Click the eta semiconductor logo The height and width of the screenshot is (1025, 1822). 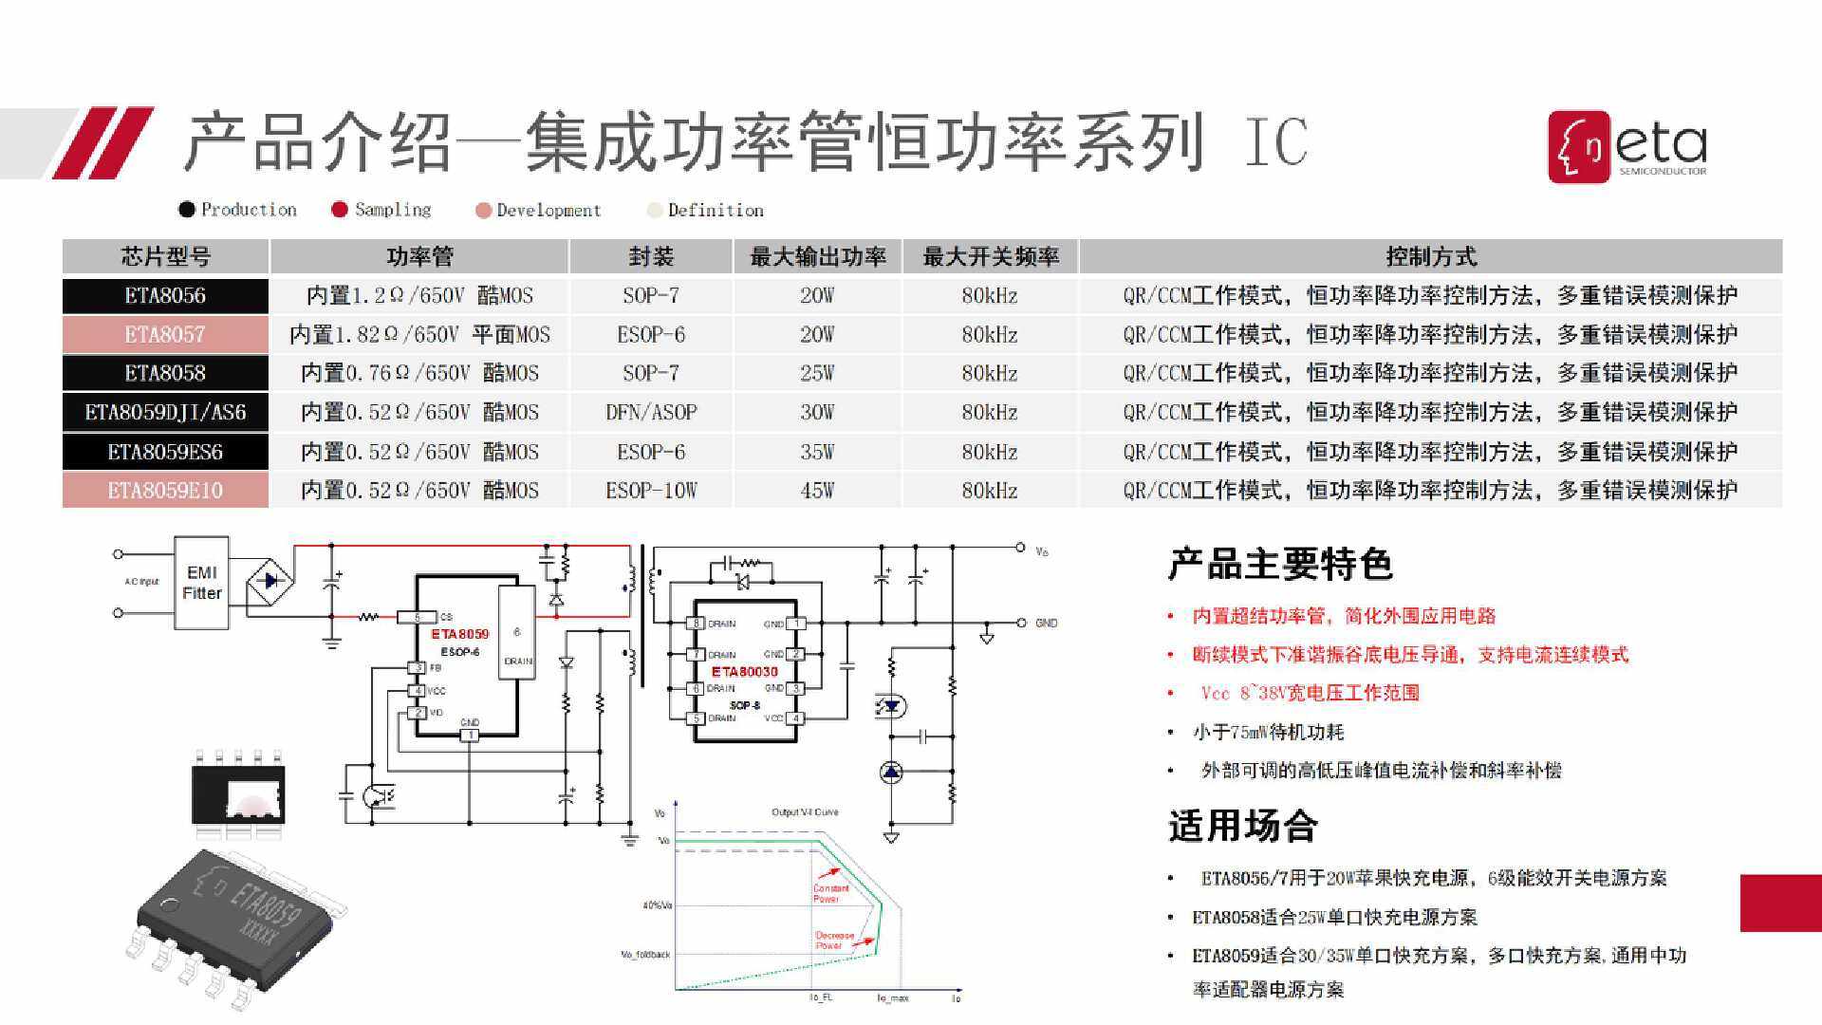(1627, 146)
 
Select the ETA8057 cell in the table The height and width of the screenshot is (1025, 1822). (165, 334)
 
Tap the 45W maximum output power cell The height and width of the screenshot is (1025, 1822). (816, 491)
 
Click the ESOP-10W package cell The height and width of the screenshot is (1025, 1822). (651, 491)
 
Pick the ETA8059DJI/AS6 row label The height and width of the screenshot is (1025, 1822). (165, 412)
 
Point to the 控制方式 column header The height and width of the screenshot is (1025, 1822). (1430, 256)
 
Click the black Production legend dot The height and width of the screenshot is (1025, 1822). (187, 210)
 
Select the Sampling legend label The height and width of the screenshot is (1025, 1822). (392, 210)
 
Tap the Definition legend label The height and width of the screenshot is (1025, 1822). (715, 210)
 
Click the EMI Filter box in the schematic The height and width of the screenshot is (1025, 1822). (201, 583)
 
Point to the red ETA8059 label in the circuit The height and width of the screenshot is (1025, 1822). (460, 634)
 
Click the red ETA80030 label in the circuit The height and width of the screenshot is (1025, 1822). (744, 671)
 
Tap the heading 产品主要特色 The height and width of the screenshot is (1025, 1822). (1280, 564)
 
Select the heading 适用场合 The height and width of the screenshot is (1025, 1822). (1242, 826)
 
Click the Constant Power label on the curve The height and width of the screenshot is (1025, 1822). (829, 893)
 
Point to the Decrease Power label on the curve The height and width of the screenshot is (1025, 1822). (834, 940)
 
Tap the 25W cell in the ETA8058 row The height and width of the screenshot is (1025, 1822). (816, 373)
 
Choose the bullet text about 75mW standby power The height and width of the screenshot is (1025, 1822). (1268, 732)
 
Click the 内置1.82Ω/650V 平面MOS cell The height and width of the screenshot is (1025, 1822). (419, 334)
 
